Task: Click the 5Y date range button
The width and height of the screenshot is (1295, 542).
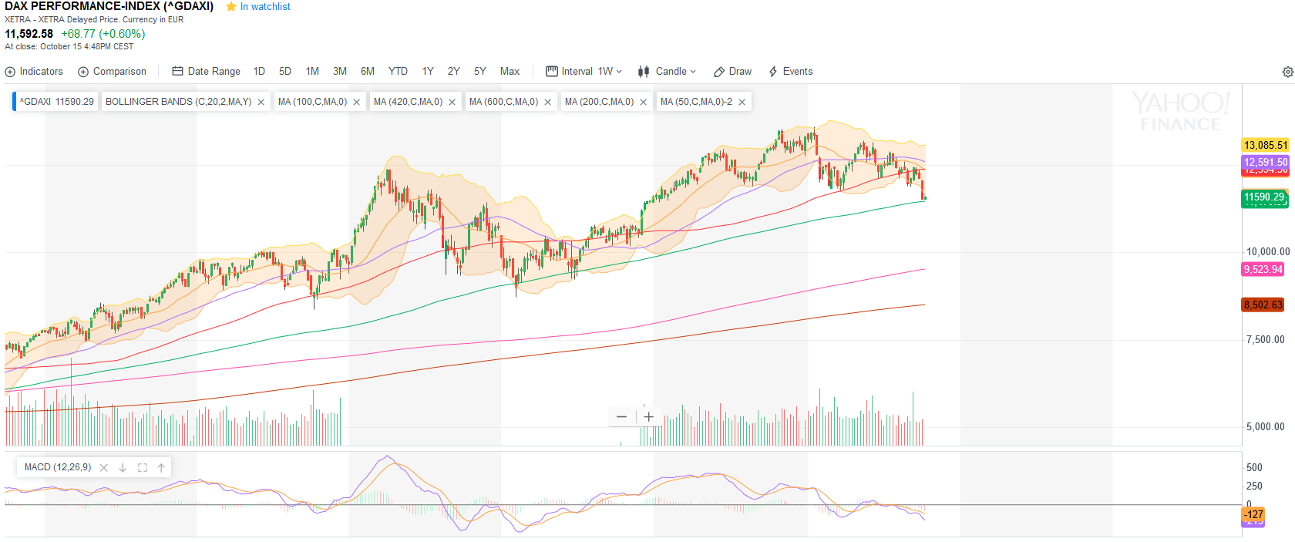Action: point(479,71)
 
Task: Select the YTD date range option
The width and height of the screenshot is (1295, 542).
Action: point(398,71)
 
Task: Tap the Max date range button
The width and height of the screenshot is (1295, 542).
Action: point(510,71)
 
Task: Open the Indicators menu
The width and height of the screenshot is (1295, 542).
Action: point(34,71)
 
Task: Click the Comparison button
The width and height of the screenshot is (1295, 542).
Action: point(112,71)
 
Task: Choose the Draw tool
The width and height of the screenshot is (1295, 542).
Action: point(732,71)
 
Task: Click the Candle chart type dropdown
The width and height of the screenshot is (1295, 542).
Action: point(667,71)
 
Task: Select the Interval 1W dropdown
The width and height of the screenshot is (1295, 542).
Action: point(584,71)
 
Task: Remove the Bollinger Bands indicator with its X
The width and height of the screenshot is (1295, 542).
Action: point(261,102)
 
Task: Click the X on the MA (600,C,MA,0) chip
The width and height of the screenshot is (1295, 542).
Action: point(548,102)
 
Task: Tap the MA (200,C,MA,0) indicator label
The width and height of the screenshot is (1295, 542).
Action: point(599,102)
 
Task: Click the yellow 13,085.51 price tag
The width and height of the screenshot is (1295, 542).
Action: point(1265,145)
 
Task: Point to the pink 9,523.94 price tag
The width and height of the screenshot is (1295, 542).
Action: point(1263,269)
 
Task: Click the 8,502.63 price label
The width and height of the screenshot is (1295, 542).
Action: point(1263,305)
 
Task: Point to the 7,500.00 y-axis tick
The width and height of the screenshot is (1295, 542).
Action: point(1265,339)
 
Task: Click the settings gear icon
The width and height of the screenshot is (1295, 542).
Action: point(1287,72)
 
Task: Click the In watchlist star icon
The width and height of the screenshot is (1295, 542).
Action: point(231,6)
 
